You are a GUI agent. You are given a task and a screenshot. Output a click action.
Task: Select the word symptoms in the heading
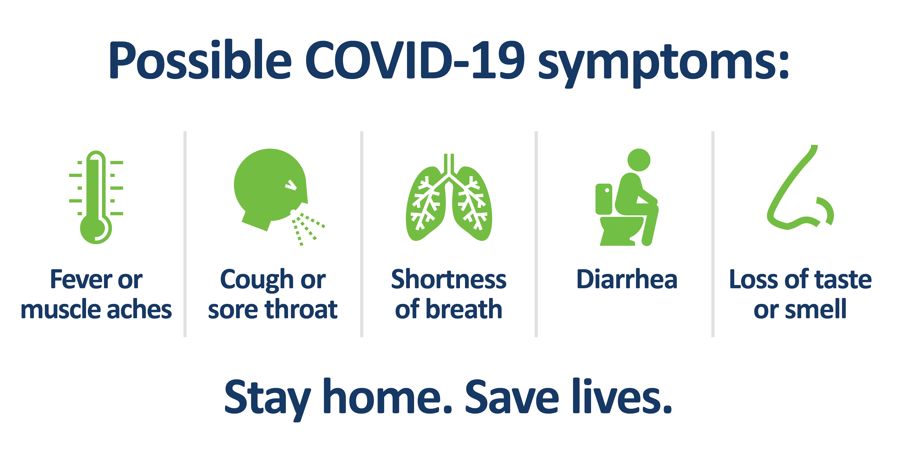(663, 64)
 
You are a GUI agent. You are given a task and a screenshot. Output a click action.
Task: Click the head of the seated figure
(639, 160)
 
